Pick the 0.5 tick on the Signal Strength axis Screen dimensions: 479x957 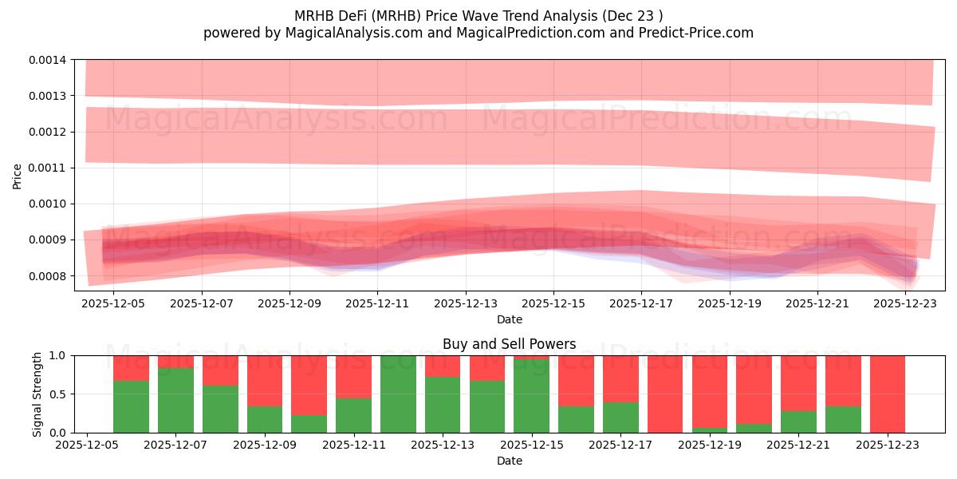pos(61,394)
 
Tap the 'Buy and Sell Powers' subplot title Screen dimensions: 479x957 pos(510,345)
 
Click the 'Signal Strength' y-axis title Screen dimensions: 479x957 pos(37,394)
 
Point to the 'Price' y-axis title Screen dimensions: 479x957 pos(18,176)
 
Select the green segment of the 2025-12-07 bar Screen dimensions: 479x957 pos(175,400)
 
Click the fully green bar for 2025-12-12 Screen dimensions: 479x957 pos(398,394)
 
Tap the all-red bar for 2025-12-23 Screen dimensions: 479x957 pos(888,394)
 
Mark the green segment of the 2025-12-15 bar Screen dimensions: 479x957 pos(531,396)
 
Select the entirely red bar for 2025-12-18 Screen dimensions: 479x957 pos(665,394)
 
